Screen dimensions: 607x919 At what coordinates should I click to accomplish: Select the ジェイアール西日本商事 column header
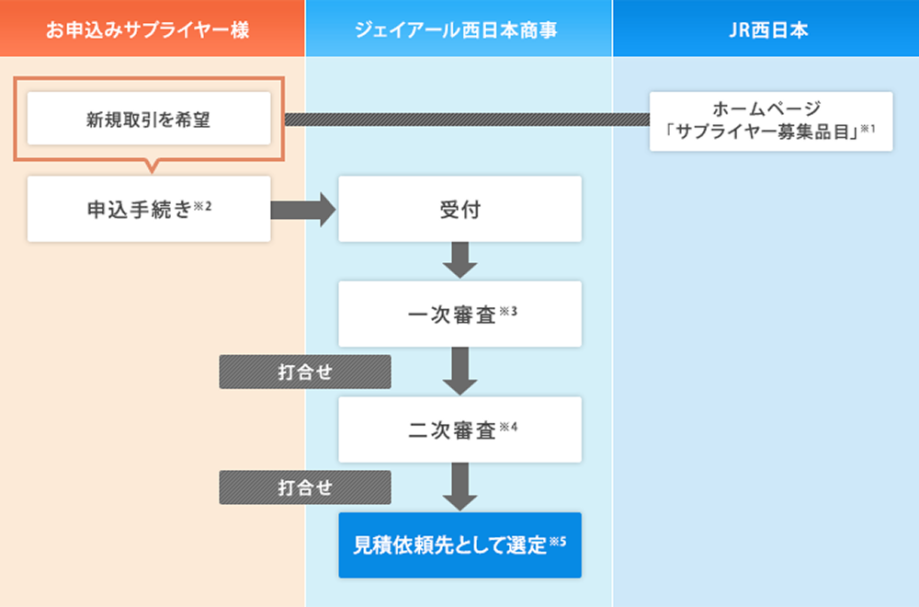(x=459, y=29)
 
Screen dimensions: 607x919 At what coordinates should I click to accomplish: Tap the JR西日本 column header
(x=766, y=29)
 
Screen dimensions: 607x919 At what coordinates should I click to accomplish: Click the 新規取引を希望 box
(x=149, y=119)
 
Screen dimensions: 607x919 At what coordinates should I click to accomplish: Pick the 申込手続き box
(x=149, y=209)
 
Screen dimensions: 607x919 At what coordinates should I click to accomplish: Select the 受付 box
(x=459, y=209)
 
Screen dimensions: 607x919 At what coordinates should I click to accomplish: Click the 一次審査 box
(x=459, y=314)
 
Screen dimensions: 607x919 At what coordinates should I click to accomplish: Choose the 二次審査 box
(x=459, y=429)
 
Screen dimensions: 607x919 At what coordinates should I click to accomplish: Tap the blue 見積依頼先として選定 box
(x=459, y=544)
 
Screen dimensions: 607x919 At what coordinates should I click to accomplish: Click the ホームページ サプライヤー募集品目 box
(x=770, y=120)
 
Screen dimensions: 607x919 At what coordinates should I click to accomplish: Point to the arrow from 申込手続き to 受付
(x=304, y=210)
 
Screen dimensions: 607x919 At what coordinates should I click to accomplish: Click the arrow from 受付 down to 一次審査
(x=459, y=259)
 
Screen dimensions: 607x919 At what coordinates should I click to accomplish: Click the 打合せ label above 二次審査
(x=304, y=372)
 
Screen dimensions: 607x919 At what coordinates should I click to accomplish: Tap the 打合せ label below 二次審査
(x=304, y=487)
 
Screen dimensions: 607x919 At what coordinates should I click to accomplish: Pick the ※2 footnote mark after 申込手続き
(x=203, y=205)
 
